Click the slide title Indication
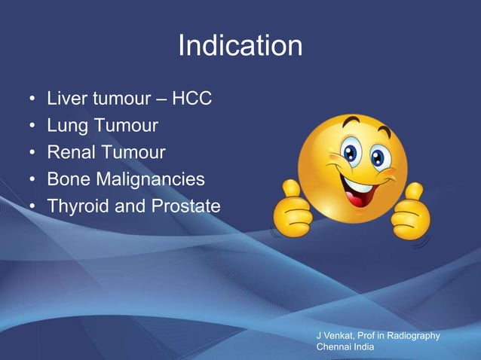pos(240,47)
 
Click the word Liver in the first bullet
pos(65,99)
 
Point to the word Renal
pos(70,153)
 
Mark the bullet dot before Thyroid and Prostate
pos(31,206)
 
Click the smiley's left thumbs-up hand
pos(294,208)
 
